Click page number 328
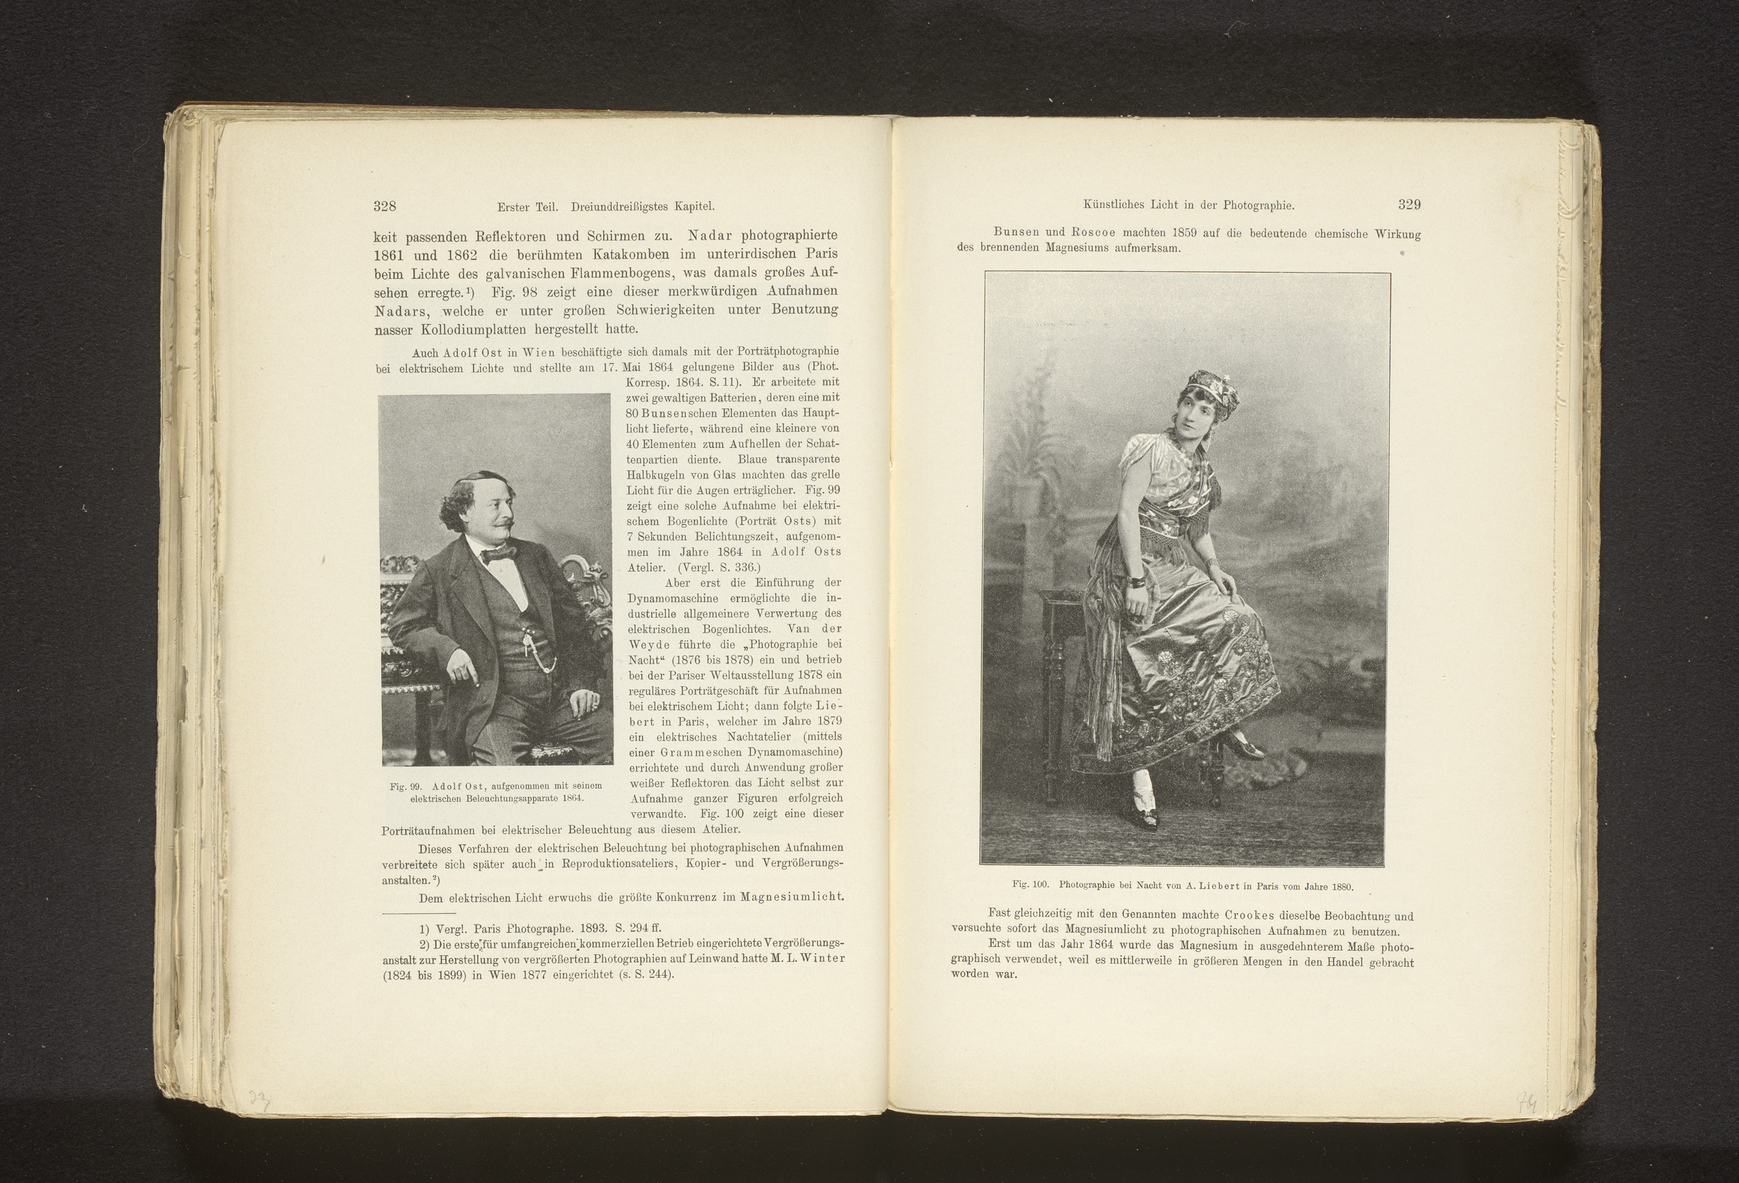(385, 207)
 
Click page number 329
(1409, 204)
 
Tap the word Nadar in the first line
(711, 236)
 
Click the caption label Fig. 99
(407, 787)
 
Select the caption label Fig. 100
(1031, 885)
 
